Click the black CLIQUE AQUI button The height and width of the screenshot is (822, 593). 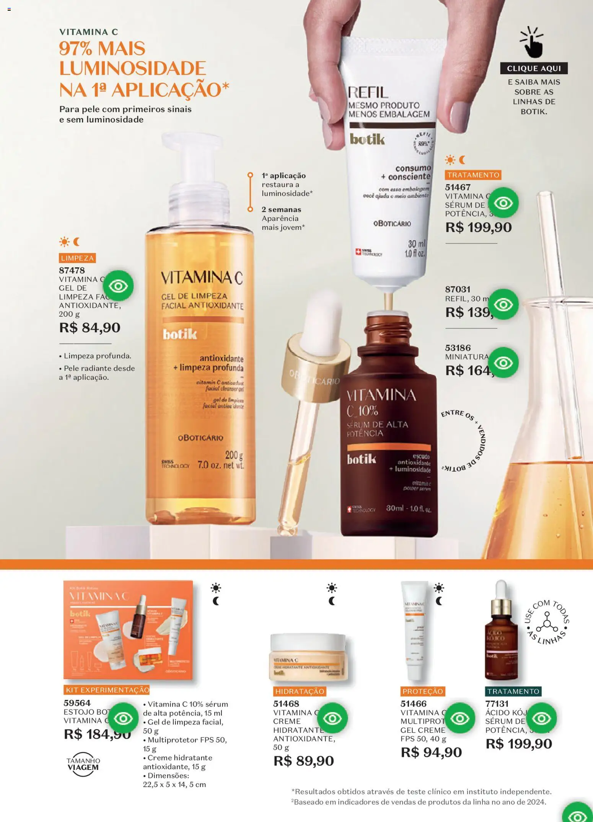(x=534, y=69)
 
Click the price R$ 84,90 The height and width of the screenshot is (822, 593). (x=90, y=328)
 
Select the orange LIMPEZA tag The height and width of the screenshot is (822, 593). (x=77, y=258)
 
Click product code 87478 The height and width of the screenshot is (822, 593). (x=72, y=270)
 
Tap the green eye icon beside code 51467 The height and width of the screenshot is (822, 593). (x=503, y=203)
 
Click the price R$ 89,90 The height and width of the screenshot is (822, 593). (x=304, y=761)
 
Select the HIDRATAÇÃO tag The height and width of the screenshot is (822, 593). (x=300, y=691)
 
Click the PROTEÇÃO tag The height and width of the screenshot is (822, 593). (x=422, y=691)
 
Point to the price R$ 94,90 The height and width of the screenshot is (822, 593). (x=431, y=752)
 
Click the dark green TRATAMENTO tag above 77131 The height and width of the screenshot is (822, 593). (x=513, y=691)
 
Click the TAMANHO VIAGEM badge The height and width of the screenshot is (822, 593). (x=83, y=764)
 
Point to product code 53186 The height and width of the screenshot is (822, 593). (x=458, y=348)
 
